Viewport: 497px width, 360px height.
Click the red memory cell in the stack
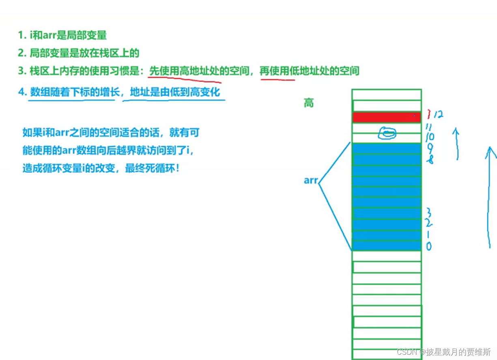click(387, 117)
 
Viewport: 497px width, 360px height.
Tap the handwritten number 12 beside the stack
click(438, 114)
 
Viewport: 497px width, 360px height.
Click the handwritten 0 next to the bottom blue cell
click(429, 246)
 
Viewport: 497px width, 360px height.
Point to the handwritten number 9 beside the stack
click(430, 148)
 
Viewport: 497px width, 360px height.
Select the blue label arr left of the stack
click(311, 180)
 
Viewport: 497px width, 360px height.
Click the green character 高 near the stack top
click(309, 103)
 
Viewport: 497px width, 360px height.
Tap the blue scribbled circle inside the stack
click(387, 133)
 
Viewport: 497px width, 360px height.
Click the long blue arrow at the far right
click(488, 197)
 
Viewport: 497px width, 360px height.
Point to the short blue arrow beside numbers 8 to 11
click(456, 144)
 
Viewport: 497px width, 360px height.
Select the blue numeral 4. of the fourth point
click(22, 92)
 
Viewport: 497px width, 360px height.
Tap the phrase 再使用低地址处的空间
click(309, 71)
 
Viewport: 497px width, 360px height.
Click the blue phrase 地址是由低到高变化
click(175, 92)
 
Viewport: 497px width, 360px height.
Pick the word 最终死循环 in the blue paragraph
click(150, 169)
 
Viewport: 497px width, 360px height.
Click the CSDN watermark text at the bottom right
click(444, 351)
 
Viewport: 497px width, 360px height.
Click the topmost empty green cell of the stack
click(387, 95)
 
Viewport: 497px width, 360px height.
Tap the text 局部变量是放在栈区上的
click(84, 53)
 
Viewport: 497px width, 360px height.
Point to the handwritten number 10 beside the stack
click(430, 137)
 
